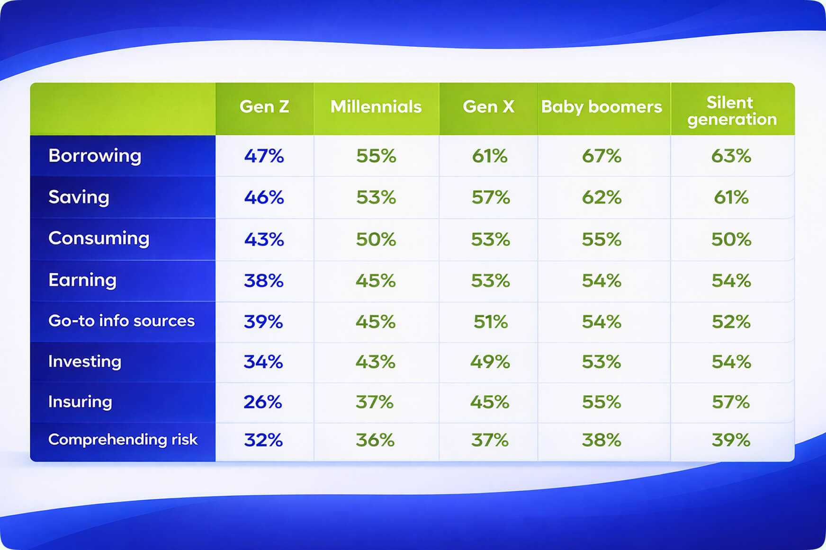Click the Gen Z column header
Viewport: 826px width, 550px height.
point(264,107)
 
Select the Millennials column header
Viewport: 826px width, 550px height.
point(376,107)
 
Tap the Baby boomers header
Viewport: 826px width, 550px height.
point(602,107)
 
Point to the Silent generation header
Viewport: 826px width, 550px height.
point(732,111)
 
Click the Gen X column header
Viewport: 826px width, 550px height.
point(488,107)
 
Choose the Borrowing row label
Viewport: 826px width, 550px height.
point(95,156)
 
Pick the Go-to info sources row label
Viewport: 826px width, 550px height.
point(121,321)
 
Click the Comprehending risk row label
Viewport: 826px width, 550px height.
point(123,440)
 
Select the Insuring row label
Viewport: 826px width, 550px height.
point(80,402)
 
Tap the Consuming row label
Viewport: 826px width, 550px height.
point(99,238)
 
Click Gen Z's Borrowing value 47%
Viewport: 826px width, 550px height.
point(264,156)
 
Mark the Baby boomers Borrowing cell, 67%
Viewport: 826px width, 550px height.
point(602,156)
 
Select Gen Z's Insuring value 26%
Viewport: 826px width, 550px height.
point(263,402)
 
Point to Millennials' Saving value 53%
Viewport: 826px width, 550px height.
point(376,197)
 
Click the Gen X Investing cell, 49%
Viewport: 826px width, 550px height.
point(490,362)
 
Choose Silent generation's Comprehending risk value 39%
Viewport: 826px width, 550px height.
point(731,440)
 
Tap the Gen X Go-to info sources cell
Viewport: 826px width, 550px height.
point(490,322)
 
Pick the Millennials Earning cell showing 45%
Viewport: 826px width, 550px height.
point(376,281)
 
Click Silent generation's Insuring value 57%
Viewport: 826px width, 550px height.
point(731,402)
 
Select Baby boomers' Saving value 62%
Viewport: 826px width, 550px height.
point(602,197)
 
